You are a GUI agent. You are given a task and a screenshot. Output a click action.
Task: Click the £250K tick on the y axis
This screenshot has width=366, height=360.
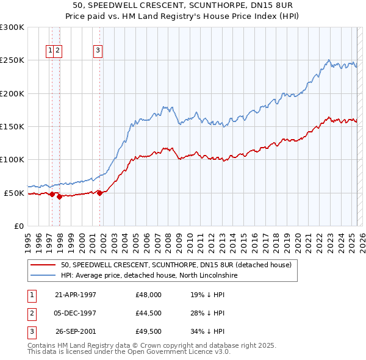click(12, 60)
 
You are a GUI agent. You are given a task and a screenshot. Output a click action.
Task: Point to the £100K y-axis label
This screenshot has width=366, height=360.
click(12, 159)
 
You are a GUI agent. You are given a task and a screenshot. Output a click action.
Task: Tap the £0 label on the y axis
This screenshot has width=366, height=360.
click(18, 226)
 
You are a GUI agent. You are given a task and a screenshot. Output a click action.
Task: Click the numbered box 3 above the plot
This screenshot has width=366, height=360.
click(98, 51)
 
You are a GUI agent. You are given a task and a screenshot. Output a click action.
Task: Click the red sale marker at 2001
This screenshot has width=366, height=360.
click(100, 193)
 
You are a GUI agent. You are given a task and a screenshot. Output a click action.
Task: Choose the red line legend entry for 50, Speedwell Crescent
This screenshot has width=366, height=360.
click(176, 265)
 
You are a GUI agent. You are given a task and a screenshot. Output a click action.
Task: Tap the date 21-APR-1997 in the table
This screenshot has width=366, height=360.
click(76, 294)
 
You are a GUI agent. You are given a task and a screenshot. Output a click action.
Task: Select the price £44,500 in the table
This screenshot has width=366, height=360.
click(149, 313)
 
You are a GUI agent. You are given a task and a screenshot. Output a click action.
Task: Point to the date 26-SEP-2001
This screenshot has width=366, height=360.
click(76, 332)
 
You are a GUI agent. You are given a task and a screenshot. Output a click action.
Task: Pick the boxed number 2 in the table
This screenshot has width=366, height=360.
click(31, 313)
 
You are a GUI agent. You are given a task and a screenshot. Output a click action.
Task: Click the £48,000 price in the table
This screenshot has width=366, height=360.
click(149, 294)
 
